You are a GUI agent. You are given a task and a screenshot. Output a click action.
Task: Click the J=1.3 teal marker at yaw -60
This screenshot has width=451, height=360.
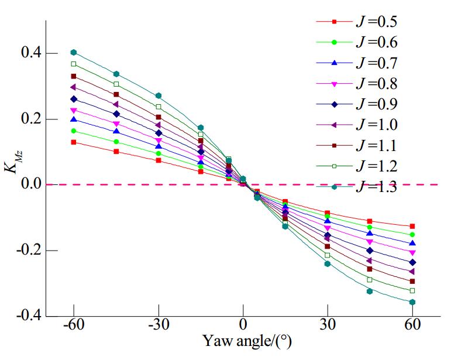click(x=74, y=53)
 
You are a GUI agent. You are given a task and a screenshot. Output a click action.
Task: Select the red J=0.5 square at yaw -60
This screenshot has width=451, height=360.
click(x=74, y=142)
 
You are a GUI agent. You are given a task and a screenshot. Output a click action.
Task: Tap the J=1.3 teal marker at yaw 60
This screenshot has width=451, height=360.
click(x=412, y=302)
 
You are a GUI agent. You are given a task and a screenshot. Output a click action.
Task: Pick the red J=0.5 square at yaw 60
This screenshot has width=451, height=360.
click(x=412, y=226)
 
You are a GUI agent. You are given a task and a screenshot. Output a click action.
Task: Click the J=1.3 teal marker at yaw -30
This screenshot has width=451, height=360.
click(x=159, y=95)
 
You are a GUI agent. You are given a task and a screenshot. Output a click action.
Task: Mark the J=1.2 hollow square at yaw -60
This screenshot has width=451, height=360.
click(x=74, y=64)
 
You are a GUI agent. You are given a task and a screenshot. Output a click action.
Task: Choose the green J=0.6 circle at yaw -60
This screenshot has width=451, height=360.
click(x=74, y=131)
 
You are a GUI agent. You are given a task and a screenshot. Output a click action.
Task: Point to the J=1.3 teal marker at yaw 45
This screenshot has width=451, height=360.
click(x=370, y=291)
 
